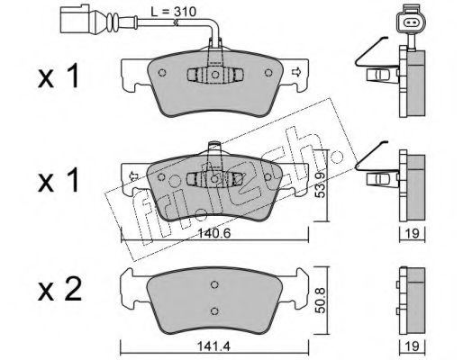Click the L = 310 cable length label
[173, 13]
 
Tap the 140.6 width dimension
[214, 233]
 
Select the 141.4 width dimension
[213, 346]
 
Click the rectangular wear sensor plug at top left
[74, 19]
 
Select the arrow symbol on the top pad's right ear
[296, 72]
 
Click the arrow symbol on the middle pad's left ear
[132, 176]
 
